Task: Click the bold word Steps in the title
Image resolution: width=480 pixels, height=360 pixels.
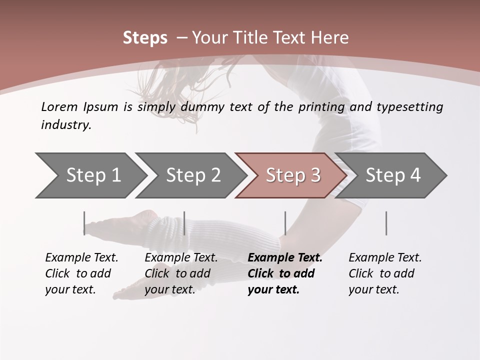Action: pos(145,37)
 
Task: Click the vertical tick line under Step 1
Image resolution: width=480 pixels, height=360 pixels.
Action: pos(84,223)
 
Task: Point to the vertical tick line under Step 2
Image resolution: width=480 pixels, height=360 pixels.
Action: pos(184,223)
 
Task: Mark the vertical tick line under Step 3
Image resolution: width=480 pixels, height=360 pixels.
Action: pos(285,223)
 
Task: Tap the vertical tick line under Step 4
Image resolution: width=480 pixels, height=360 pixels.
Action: pos(386,223)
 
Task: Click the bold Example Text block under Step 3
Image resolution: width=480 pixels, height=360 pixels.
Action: pos(285,273)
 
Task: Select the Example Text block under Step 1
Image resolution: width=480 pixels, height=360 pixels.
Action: pos(81,273)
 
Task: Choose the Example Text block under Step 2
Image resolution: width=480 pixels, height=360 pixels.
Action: pos(181,273)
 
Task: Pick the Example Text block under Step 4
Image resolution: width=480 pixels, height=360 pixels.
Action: pos(385,273)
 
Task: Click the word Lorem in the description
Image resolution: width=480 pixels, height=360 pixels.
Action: pos(59,106)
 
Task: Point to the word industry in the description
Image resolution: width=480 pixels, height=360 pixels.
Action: pos(66,125)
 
